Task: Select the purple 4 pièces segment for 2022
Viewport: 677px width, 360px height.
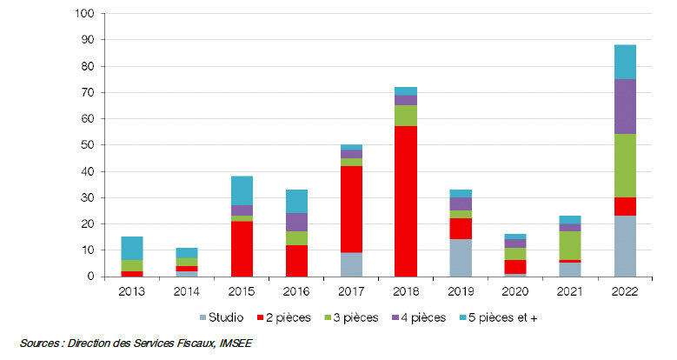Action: tap(625, 106)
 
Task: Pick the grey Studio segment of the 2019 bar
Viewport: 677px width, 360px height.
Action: tap(460, 257)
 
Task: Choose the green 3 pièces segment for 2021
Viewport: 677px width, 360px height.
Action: tap(569, 244)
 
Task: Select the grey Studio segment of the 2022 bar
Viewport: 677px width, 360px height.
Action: tap(625, 246)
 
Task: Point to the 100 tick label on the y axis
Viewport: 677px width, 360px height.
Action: tap(85, 14)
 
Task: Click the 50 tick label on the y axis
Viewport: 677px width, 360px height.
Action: tap(88, 145)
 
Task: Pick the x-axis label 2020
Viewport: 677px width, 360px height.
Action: tap(514, 292)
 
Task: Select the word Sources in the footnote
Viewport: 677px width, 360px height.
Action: tap(41, 343)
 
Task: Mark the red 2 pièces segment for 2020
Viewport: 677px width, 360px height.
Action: tap(514, 267)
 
